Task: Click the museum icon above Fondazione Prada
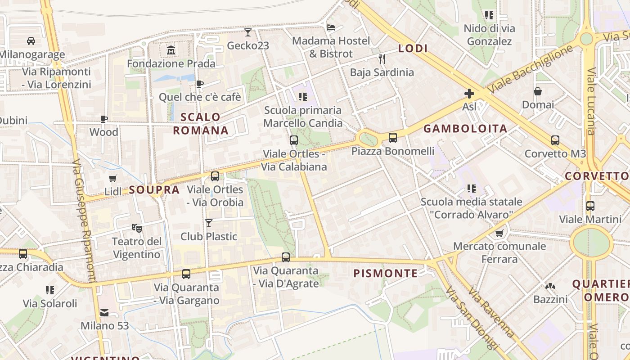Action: pyautogui.click(x=171, y=50)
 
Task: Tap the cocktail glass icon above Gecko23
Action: pyautogui.click(x=248, y=32)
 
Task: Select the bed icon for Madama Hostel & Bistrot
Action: pyautogui.click(x=331, y=27)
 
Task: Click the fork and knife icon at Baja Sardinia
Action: pyautogui.click(x=382, y=58)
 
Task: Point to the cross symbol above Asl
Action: pyautogui.click(x=469, y=93)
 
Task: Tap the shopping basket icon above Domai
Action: pyautogui.click(x=538, y=91)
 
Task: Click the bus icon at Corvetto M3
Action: pyautogui.click(x=555, y=140)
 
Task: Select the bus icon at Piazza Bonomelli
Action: pyautogui.click(x=393, y=137)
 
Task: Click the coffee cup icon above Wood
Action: pyautogui.click(x=104, y=119)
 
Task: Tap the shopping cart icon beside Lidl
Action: pyautogui.click(x=113, y=178)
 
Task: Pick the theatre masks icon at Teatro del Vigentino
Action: pyautogui.click(x=137, y=228)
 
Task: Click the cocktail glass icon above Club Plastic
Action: pyautogui.click(x=209, y=223)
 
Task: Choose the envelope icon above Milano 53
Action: pyautogui.click(x=104, y=312)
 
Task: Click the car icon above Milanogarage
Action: pyautogui.click(x=31, y=41)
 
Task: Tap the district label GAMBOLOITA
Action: pyautogui.click(x=465, y=129)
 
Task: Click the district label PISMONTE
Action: pyautogui.click(x=386, y=273)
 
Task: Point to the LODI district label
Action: pyautogui.click(x=413, y=49)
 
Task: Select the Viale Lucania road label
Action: pyautogui.click(x=591, y=101)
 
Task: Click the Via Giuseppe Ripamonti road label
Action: pyautogui.click(x=85, y=220)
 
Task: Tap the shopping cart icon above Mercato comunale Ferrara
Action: pyautogui.click(x=499, y=233)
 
